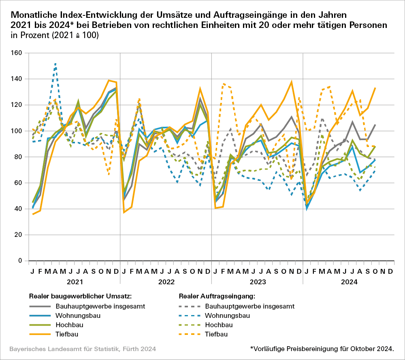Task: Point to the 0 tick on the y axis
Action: (19, 261)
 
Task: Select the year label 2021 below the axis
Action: (75, 281)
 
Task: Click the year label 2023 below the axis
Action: (257, 281)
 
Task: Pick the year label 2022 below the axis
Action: (166, 281)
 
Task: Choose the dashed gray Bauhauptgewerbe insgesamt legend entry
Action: (237, 306)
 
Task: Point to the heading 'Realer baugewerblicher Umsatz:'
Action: (76, 296)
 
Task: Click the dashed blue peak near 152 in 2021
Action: (55, 64)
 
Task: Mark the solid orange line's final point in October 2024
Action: (375, 87)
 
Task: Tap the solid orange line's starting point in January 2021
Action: (33, 214)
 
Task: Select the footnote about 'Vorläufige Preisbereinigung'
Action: (322, 349)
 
